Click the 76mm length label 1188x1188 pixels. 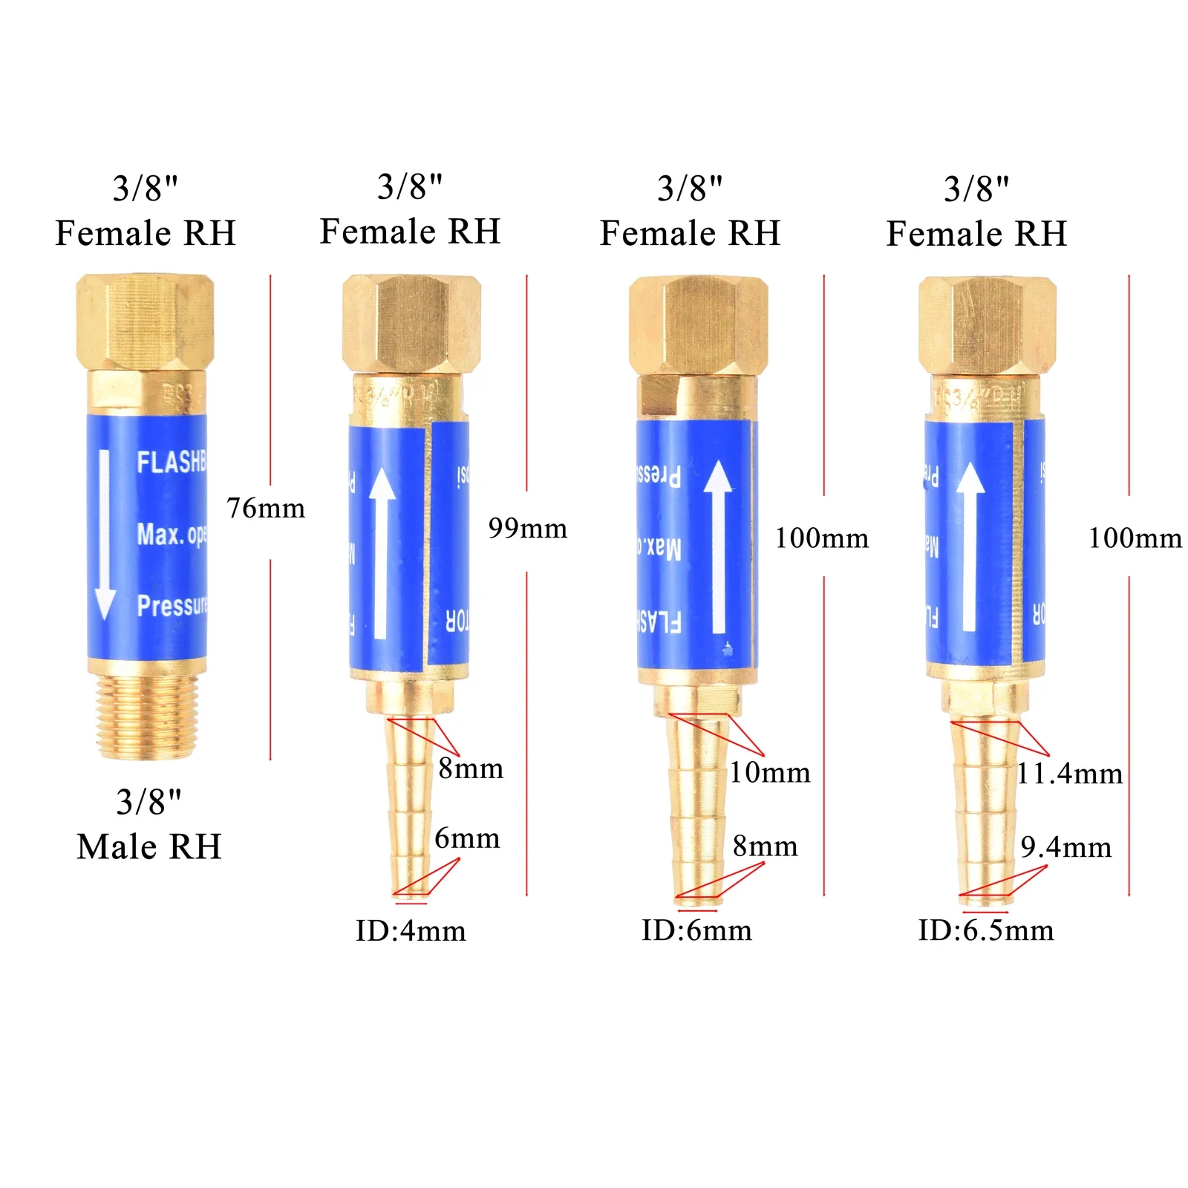click(265, 509)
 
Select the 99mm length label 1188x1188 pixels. click(527, 529)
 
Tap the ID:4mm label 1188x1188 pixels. click(411, 931)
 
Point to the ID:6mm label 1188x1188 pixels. click(696, 930)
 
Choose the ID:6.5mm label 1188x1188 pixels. click(985, 930)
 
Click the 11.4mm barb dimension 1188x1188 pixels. click(1069, 774)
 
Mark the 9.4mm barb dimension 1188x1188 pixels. click(1065, 847)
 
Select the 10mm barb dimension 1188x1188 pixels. click(769, 773)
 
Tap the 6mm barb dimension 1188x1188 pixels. click(467, 838)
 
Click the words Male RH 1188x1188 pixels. click(149, 847)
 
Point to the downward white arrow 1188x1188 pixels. click(105, 535)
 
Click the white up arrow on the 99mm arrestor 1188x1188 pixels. click(382, 553)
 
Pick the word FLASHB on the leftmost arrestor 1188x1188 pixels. click(171, 463)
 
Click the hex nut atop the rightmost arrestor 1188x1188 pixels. click(987, 324)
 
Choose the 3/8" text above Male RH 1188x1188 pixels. click(148, 802)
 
